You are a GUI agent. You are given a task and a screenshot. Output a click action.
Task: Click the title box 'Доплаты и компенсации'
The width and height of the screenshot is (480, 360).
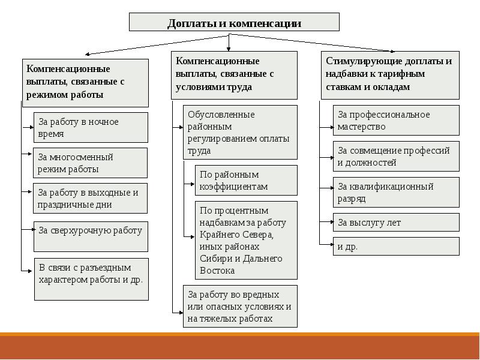pyautogui.click(x=234, y=23)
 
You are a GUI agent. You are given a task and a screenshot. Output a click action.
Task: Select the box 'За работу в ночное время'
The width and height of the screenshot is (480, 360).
pyautogui.click(x=90, y=127)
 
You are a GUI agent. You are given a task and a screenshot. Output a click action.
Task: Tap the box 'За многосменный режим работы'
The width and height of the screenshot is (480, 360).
pyautogui.click(x=90, y=163)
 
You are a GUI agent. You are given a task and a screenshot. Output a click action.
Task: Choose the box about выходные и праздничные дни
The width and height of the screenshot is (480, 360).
pyautogui.click(x=90, y=198)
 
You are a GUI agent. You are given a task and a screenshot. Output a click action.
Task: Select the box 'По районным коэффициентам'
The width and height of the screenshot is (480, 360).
pyautogui.click(x=246, y=181)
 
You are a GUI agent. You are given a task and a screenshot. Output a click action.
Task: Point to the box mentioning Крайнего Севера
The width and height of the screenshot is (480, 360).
pyautogui.click(x=246, y=240)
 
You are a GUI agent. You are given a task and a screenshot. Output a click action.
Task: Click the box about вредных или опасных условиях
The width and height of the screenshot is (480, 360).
pyautogui.click(x=240, y=306)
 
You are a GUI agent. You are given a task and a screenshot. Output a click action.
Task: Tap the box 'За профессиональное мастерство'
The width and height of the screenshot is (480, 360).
pyautogui.click(x=396, y=121)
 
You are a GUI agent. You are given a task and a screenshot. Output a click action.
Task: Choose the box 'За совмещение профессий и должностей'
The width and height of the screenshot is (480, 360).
pyautogui.click(x=396, y=156)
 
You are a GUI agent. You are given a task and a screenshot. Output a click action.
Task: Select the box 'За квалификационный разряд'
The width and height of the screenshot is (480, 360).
pyautogui.click(x=396, y=192)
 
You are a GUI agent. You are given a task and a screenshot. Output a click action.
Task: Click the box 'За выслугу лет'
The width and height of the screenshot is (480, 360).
pyautogui.click(x=396, y=223)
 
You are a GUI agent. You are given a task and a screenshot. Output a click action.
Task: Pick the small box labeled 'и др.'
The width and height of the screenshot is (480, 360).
pyautogui.click(x=396, y=246)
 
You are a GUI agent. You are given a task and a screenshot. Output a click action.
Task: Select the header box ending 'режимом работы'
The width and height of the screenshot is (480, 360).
pyautogui.click(x=85, y=83)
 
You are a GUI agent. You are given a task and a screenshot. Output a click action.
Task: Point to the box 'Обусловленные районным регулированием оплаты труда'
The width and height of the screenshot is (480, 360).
pyautogui.click(x=240, y=133)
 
